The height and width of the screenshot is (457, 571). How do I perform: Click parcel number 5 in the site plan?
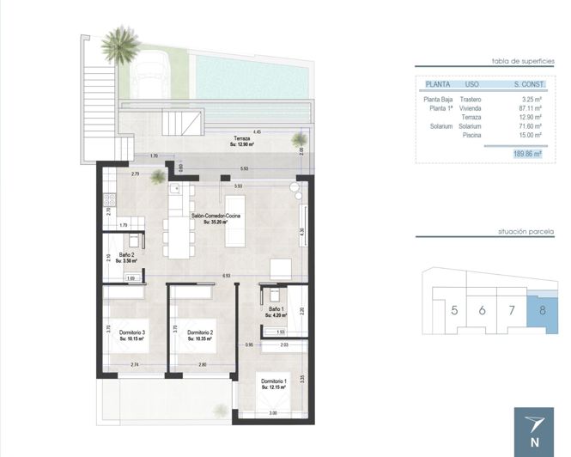pos(453,310)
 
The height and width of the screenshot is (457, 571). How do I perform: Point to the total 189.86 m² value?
pos(524,153)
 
